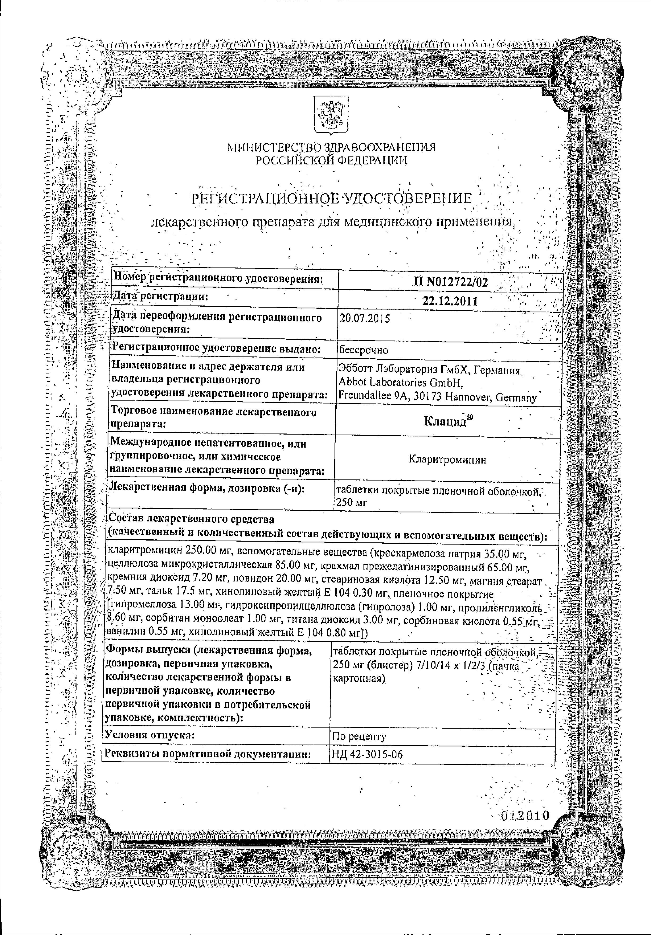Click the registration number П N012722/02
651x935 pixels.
[x=450, y=282]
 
